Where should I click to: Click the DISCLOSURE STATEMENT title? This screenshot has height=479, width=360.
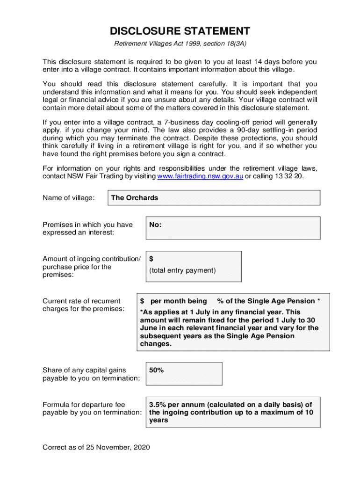coord(180,31)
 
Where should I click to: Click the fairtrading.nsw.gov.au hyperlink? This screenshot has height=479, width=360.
coord(200,176)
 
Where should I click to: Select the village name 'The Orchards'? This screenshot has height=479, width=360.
coord(135,198)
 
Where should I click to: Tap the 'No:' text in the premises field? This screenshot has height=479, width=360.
coord(155,225)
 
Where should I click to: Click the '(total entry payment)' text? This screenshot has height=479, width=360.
coord(183,270)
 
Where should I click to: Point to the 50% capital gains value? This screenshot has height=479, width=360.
coord(156,370)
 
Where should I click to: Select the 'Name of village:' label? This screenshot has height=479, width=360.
coord(69,198)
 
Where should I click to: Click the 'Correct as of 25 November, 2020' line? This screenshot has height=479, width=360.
coord(96,448)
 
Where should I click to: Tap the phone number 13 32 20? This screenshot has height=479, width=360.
coord(290,176)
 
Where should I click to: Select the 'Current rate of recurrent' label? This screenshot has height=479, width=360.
coord(81,301)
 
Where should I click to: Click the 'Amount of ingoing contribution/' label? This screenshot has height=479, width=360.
coord(91,259)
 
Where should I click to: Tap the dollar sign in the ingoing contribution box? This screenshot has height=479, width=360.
coord(151,259)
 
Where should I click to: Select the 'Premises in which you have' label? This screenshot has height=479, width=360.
coord(87,225)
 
